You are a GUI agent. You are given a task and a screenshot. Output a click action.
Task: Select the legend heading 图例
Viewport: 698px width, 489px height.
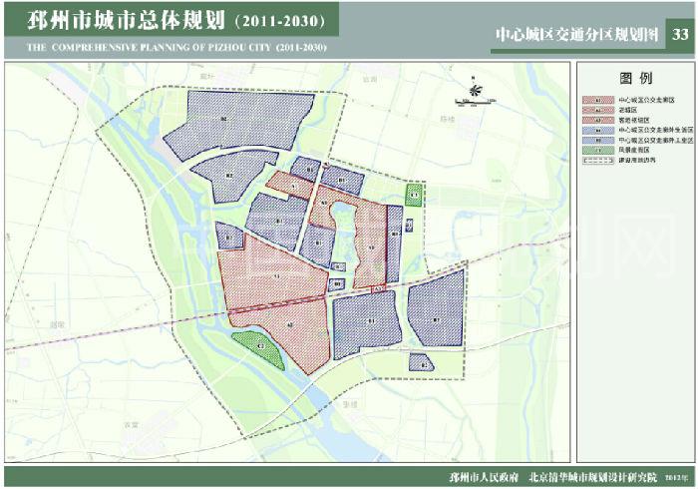pos(634,78)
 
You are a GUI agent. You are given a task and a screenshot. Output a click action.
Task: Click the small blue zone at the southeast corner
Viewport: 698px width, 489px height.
pos(420,363)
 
